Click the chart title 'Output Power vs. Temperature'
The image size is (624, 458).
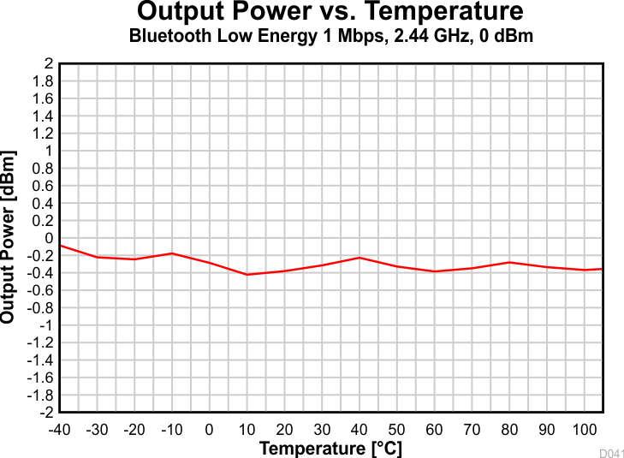click(x=330, y=13)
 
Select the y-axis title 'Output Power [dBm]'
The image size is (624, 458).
click(x=9, y=237)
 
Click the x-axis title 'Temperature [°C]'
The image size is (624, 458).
click(x=330, y=449)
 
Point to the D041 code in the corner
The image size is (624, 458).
click(x=611, y=452)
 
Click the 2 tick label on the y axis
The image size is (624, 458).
click(x=49, y=64)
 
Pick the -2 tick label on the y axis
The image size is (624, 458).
click(x=45, y=412)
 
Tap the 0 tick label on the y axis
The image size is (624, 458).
click(x=49, y=238)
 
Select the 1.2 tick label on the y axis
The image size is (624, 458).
click(x=44, y=134)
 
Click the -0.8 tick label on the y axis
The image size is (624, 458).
click(x=40, y=307)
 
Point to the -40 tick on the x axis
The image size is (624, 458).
click(x=59, y=429)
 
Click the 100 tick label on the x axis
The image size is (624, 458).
click(x=585, y=429)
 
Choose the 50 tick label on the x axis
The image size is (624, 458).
click(x=397, y=429)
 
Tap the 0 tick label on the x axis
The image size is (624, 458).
click(x=209, y=429)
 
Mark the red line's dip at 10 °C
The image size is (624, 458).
click(x=247, y=274)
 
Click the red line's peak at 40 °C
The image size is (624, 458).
click(x=360, y=258)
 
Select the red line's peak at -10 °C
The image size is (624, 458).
click(x=172, y=253)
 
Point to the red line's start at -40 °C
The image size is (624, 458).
click(x=60, y=246)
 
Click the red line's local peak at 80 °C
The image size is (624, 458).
click(x=509, y=263)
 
